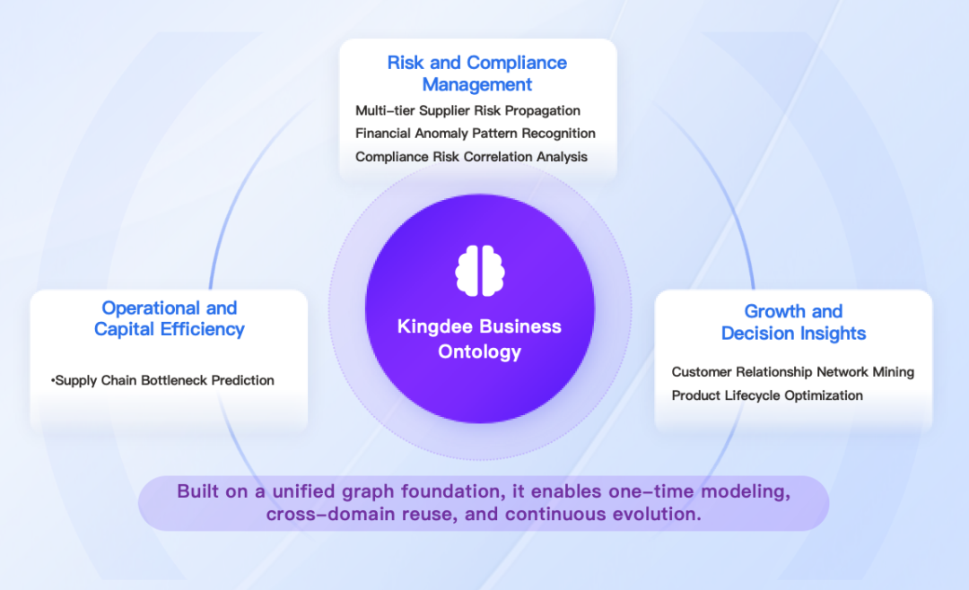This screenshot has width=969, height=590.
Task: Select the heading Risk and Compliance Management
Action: [476, 74]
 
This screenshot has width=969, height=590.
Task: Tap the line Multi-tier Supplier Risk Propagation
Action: [467, 110]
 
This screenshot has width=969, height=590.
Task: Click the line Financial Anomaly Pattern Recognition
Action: [475, 133]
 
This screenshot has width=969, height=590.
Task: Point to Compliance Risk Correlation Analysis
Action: [471, 156]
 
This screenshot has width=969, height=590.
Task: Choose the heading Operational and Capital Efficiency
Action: [169, 318]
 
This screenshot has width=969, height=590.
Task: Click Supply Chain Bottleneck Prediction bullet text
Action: [164, 380]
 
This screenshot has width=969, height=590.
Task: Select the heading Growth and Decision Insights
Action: [793, 322]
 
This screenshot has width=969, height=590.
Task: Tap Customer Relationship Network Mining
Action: [792, 371]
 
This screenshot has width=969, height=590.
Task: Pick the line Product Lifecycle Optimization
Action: [767, 395]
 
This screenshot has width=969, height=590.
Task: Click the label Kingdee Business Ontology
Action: [479, 338]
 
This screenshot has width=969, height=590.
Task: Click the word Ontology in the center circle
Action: [479, 351]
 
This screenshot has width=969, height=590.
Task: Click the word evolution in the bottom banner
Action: [659, 515]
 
